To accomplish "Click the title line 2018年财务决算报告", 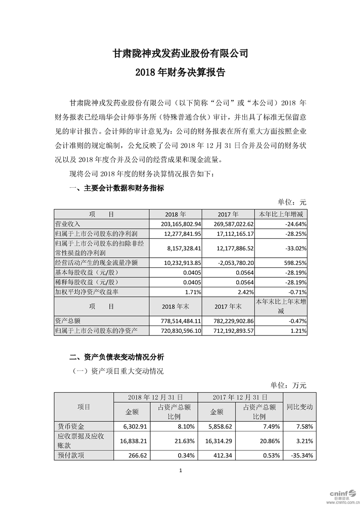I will (180, 72).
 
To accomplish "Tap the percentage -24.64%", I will (295, 224).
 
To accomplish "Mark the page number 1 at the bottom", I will (181, 470).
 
